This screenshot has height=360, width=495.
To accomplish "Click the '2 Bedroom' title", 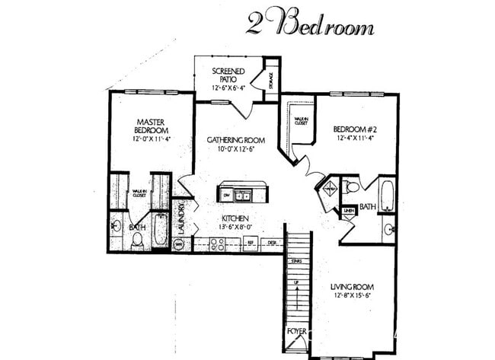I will tap(310, 25).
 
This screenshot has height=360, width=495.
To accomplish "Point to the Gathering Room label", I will tap(235, 145).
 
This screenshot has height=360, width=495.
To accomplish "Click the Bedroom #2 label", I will tap(356, 134).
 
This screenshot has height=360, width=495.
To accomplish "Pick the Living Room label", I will tap(352, 292).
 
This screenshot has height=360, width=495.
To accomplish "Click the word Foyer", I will tap(296, 332).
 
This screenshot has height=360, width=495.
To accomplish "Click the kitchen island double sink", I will tap(244, 194).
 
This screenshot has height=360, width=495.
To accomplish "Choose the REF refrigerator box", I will tap(249, 244).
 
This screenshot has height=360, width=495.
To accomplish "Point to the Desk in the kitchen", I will tap(271, 244).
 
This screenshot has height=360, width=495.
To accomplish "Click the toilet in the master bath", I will tap(137, 240).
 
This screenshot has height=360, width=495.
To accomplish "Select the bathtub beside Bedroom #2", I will tap(386, 194).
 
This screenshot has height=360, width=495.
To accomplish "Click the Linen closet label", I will tap(348, 211).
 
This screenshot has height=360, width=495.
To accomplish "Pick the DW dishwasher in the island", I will tap(226, 195).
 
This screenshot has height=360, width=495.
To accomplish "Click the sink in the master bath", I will tap(117, 225).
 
